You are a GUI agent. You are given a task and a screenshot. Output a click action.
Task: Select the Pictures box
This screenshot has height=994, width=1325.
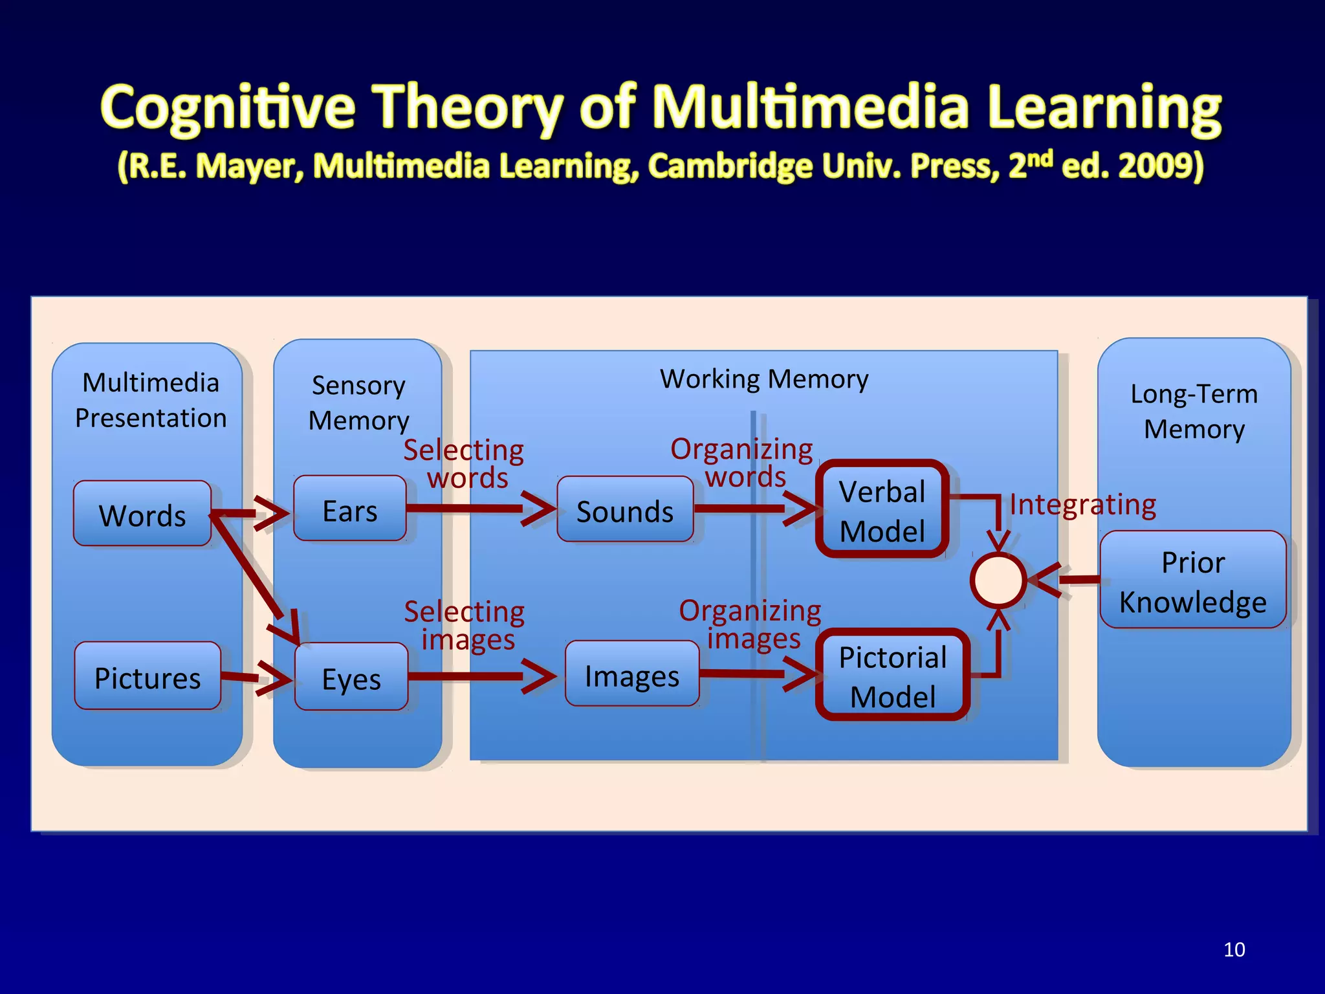coord(148,677)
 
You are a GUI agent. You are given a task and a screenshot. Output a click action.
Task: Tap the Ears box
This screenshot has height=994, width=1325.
coord(350,510)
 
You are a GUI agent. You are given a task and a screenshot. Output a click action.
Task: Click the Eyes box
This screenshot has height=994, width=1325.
coord(351,678)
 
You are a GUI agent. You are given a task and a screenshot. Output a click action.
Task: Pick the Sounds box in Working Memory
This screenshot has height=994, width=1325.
coord(625,511)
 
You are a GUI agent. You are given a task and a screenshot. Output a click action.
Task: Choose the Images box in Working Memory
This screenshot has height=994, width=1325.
coord(632,675)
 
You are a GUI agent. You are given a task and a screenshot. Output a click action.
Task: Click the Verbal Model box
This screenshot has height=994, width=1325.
coord(882,511)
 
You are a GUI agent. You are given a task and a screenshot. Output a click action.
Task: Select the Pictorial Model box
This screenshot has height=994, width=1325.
coord(893,676)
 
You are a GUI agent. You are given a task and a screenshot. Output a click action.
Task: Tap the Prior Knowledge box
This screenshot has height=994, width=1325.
coord(1192,580)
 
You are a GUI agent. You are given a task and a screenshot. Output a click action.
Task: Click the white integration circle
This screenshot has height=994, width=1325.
coord(998,580)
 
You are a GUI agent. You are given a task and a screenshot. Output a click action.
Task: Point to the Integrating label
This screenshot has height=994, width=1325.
coord(1082,505)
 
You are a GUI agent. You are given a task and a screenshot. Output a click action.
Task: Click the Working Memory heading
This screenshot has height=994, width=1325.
coord(764,379)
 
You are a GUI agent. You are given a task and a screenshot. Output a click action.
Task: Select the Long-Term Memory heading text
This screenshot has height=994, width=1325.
coord(1194,411)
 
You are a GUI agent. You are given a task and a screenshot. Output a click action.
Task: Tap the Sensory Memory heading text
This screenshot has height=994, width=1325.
coord(358,403)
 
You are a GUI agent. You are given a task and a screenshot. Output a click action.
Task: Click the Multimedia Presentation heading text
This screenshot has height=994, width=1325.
coord(151,400)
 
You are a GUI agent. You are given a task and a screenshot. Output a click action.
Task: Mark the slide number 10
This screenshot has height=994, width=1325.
coord(1234,949)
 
